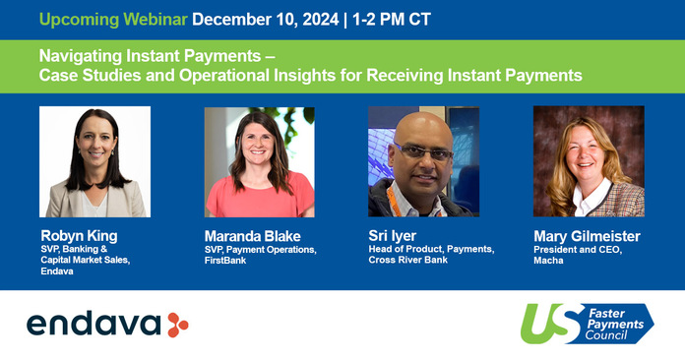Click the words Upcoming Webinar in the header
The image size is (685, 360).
[96, 19]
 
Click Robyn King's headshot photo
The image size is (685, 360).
[94, 161]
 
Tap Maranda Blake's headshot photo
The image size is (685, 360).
[259, 161]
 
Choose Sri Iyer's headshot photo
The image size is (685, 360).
[423, 161]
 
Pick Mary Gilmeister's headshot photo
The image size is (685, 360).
[589, 161]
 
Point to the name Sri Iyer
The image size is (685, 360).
[395, 236]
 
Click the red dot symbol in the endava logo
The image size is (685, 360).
[177, 324]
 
